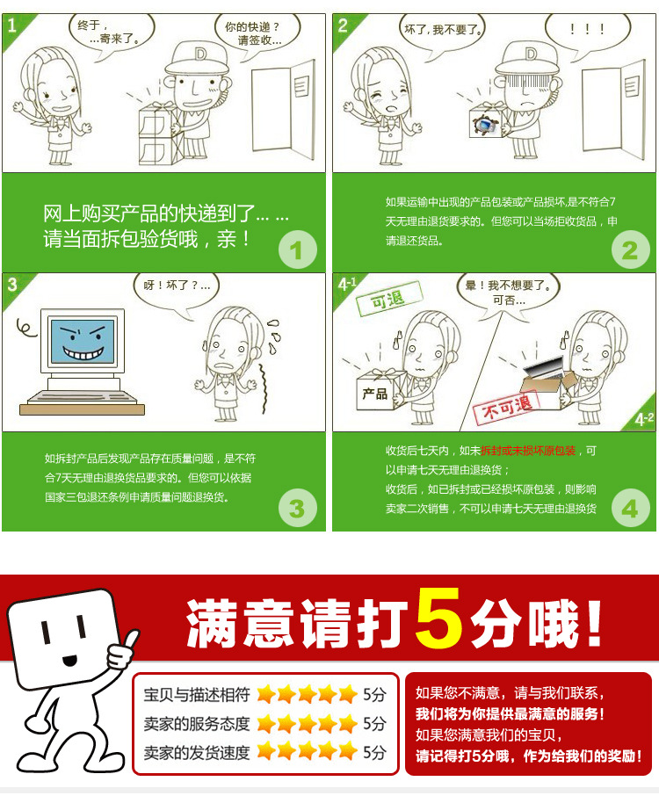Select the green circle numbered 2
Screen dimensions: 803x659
629,251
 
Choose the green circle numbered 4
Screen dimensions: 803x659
629,508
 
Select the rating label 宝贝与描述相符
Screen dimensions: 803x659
197,695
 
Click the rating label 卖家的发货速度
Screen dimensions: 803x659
197,753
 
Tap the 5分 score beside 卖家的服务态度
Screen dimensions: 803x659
374,724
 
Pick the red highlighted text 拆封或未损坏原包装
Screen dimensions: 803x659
528,450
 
